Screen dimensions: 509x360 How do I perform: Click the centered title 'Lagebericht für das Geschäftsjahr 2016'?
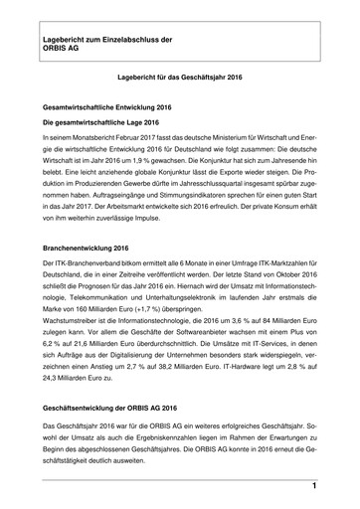click(x=179, y=75)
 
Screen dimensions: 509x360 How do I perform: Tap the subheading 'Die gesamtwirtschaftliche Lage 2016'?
click(x=99, y=122)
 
